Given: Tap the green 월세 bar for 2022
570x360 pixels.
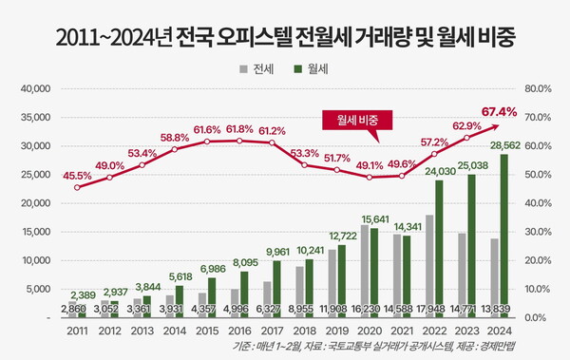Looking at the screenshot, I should pos(439,248).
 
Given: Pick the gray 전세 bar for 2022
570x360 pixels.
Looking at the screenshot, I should pos(429,266).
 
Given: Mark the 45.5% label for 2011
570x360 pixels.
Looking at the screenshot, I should pos(77,175).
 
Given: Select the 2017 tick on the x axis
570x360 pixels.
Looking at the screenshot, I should pos(272,330).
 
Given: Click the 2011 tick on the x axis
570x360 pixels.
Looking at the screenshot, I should pos(77,330).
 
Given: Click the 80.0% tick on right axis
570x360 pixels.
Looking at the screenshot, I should pos(538,88).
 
